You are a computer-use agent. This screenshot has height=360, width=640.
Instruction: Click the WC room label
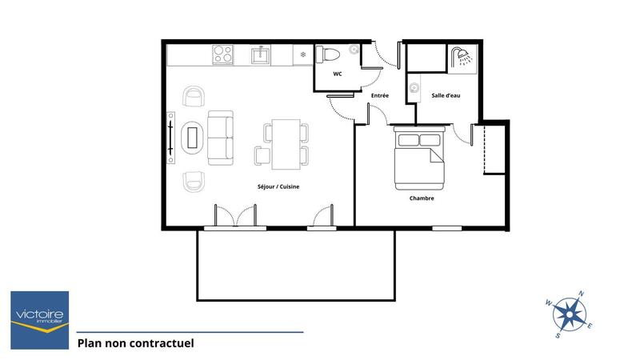pyautogui.click(x=338, y=74)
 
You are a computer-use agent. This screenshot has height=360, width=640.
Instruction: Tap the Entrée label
pyautogui.click(x=380, y=96)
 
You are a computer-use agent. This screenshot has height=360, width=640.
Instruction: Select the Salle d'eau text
pyautogui.click(x=446, y=96)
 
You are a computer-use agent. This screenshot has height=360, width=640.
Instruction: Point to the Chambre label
pyautogui.click(x=422, y=198)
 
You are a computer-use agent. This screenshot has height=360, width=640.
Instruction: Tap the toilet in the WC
pyautogui.click(x=330, y=54)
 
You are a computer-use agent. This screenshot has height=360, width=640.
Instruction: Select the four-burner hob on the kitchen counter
pyautogui.click(x=222, y=55)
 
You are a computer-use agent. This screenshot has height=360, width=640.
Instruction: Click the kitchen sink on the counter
pyautogui.click(x=260, y=55)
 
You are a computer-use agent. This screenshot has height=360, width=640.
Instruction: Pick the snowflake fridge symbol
pyautogui.click(x=302, y=55)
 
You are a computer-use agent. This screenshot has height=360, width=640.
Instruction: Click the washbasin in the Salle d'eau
pyautogui.click(x=414, y=88)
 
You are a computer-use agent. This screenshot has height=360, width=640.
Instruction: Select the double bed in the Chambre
pyautogui.click(x=418, y=158)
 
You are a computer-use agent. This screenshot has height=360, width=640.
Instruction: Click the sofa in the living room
pyautogui.click(x=221, y=138)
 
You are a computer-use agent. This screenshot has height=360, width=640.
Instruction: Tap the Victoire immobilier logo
pyautogui.click(x=39, y=311)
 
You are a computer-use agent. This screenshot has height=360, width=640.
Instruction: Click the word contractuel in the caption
pyautogui.click(x=160, y=343)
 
